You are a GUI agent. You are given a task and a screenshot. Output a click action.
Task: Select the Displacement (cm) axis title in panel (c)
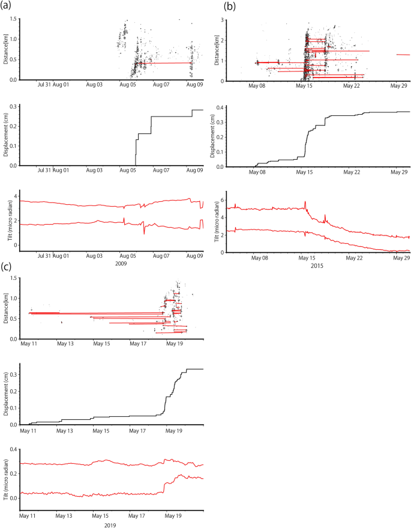tap(5, 394)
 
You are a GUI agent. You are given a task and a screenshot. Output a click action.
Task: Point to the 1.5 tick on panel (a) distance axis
tap(13, 19)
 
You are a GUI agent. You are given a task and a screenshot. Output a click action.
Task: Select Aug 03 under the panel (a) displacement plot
tap(95, 171)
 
